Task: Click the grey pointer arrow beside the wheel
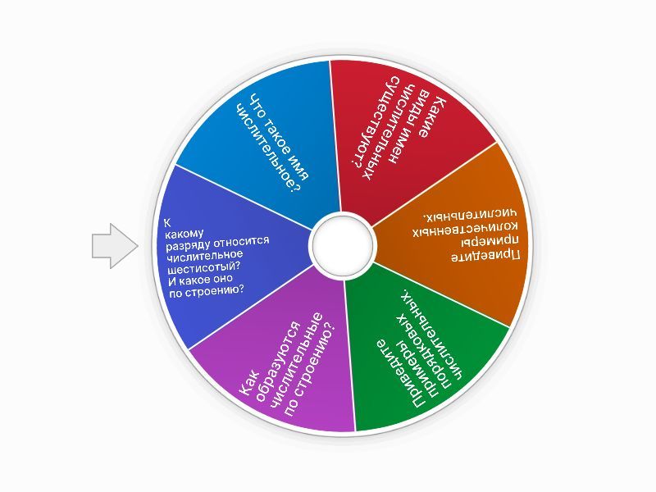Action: pos(115,245)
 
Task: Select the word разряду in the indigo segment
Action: pos(187,244)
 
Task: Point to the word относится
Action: pos(241,242)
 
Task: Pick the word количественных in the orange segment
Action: pos(465,230)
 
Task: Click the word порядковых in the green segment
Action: pos(423,357)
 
